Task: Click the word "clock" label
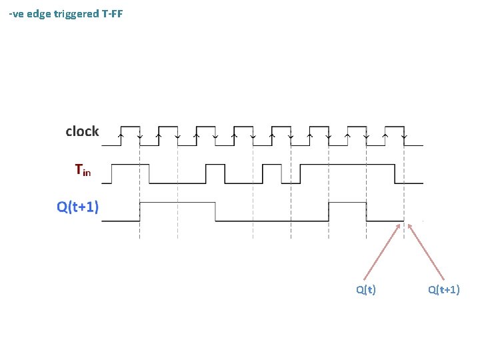82,132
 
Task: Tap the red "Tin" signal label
83,171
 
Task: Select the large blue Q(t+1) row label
78,207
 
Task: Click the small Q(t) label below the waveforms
365,289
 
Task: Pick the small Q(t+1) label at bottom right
444,289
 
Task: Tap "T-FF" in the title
113,13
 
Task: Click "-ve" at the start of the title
17,13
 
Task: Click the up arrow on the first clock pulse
120,136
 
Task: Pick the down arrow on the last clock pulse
404,136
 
